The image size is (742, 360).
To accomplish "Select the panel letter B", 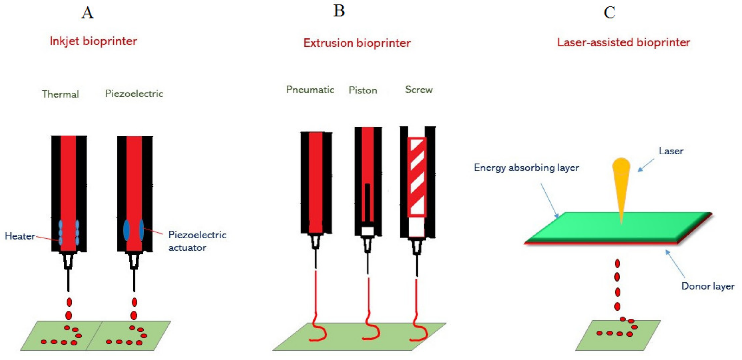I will (339, 12).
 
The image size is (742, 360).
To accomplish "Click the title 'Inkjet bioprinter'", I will (93, 41).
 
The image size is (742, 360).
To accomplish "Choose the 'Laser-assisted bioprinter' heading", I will (624, 43).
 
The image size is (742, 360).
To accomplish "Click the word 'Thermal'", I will (61, 94).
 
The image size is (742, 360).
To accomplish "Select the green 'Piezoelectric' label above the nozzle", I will (134, 94).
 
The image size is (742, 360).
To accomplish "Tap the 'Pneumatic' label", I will (310, 90).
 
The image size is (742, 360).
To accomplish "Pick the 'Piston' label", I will (363, 90).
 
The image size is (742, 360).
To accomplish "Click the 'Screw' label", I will (419, 90).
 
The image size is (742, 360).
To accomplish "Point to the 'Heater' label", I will (20, 236).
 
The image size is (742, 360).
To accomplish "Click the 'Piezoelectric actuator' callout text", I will (197, 241).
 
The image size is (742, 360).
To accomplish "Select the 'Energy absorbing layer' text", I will (526, 168).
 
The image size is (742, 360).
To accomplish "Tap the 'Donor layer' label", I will (708, 286).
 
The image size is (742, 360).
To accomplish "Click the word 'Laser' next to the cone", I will (671, 151).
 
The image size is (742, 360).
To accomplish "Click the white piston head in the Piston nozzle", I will (368, 231).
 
